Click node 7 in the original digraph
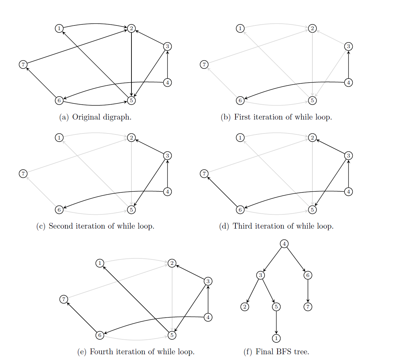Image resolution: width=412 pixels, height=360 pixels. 23,64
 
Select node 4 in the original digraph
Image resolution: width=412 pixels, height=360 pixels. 167,82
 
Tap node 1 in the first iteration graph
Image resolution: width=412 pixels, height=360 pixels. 240,28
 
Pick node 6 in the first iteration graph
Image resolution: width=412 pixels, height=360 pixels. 240,100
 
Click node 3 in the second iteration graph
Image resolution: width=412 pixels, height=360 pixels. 167,155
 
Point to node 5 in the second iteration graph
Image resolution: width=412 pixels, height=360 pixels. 131,210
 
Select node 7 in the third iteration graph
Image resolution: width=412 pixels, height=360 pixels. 204,174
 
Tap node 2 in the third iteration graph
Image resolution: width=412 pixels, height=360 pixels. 312,137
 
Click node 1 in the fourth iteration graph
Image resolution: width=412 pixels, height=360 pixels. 100,263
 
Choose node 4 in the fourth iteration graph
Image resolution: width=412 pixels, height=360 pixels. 208,317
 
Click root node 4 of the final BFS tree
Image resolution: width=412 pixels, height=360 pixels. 284,244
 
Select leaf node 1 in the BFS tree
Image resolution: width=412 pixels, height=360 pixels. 276,338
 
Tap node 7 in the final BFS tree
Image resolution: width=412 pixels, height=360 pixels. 308,307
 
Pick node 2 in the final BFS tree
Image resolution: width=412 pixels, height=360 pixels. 245,307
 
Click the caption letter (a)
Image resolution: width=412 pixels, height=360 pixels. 64,117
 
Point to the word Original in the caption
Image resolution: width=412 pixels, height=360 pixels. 85,117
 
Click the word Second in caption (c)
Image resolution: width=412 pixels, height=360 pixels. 61,226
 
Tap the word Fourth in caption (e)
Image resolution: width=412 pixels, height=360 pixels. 102,352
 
